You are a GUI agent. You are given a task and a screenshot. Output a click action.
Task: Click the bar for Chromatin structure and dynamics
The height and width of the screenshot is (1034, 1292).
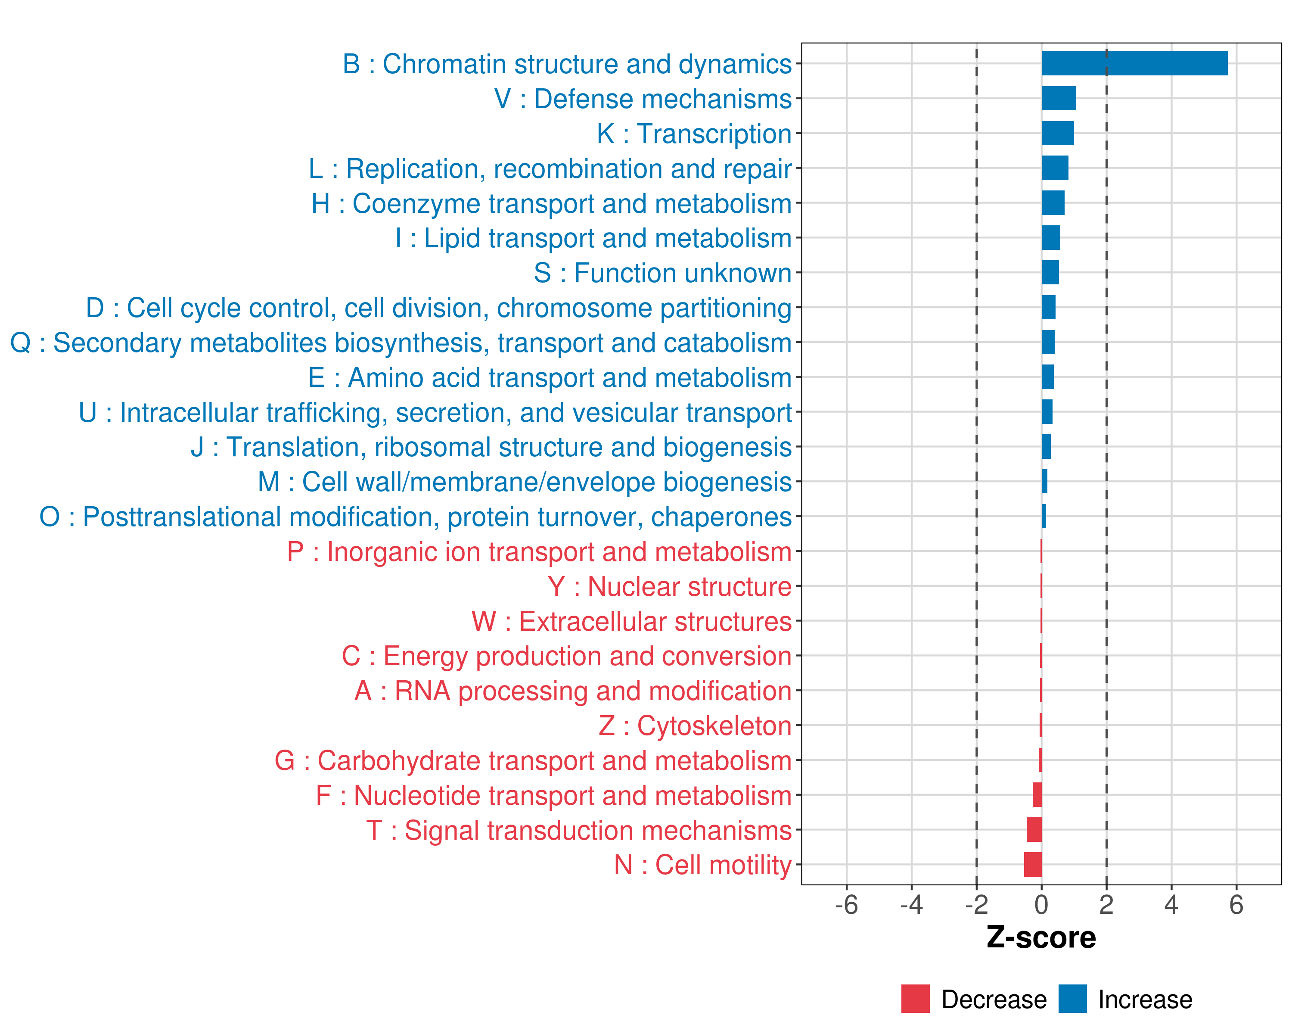pos(1134,63)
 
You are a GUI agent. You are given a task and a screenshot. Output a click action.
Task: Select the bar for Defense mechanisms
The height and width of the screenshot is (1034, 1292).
pos(1058,98)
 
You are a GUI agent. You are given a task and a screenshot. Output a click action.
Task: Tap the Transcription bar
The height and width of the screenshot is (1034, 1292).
pos(1057,133)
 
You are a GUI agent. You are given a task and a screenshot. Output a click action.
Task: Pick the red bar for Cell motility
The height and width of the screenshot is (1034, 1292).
pos(1032,864)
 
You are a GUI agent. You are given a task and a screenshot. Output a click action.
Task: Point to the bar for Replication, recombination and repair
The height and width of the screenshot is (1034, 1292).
pos(1055,168)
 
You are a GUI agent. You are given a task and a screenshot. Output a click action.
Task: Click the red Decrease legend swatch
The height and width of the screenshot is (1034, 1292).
pos(915,999)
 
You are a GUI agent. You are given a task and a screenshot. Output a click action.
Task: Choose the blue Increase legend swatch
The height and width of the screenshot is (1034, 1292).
pos(1072,999)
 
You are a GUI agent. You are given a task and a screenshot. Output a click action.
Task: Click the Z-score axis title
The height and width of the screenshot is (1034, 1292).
pos(1041,937)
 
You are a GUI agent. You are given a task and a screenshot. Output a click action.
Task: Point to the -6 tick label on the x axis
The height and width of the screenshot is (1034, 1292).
pos(846,904)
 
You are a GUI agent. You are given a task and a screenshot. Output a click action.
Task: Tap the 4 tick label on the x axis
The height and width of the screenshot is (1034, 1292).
pos(1171,904)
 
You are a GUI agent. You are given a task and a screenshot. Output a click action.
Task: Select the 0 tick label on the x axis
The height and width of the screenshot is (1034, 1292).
pos(1041,904)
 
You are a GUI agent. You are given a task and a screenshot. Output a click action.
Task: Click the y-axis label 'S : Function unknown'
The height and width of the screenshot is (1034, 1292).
pos(662,273)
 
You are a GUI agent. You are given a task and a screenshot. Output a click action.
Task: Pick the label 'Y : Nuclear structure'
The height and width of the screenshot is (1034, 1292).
pos(669,587)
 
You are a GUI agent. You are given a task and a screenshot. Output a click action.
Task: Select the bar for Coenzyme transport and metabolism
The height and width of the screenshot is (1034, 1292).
pos(1053,202)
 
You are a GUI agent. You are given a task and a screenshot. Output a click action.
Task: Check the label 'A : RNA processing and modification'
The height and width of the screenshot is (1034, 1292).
pos(572,691)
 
